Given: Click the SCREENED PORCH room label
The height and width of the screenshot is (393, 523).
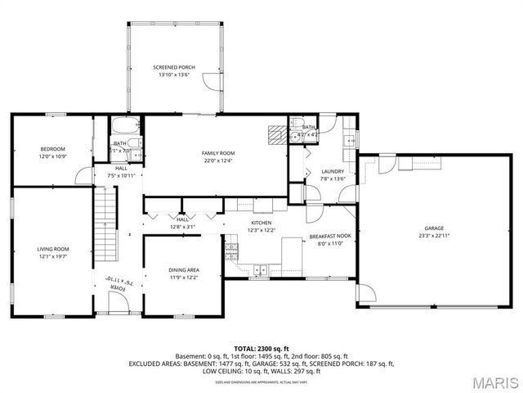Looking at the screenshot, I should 173,67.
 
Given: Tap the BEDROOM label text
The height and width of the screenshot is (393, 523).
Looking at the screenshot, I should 53,148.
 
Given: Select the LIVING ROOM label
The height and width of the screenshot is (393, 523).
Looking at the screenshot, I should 53,249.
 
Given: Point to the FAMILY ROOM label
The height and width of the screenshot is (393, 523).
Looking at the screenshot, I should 218,153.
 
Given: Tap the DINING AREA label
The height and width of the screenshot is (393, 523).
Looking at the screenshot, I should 185,270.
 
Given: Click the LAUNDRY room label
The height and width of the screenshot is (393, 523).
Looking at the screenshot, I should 310,171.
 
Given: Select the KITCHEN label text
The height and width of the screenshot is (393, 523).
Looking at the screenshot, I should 261,222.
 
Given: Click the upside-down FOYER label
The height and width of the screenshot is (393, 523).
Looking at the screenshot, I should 118,288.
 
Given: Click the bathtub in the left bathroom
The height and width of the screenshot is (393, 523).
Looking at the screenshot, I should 126,127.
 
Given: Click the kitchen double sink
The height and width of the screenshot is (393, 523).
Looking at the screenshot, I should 261,269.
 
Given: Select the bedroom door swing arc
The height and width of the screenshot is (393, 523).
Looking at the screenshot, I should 82,175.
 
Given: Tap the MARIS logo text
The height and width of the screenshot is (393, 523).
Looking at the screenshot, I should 493,382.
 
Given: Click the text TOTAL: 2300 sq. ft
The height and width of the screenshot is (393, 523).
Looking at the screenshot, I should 261,349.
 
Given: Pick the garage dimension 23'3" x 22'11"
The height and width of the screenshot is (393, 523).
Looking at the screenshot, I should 434,236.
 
